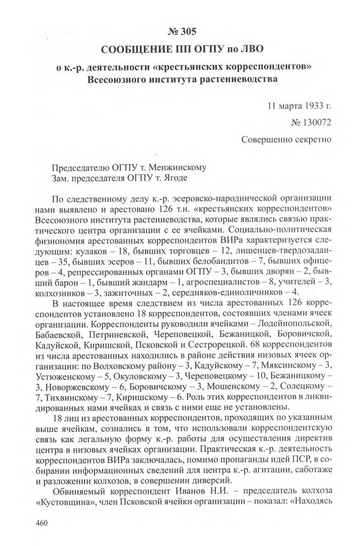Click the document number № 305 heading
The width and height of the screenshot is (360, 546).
coord(179,31)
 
